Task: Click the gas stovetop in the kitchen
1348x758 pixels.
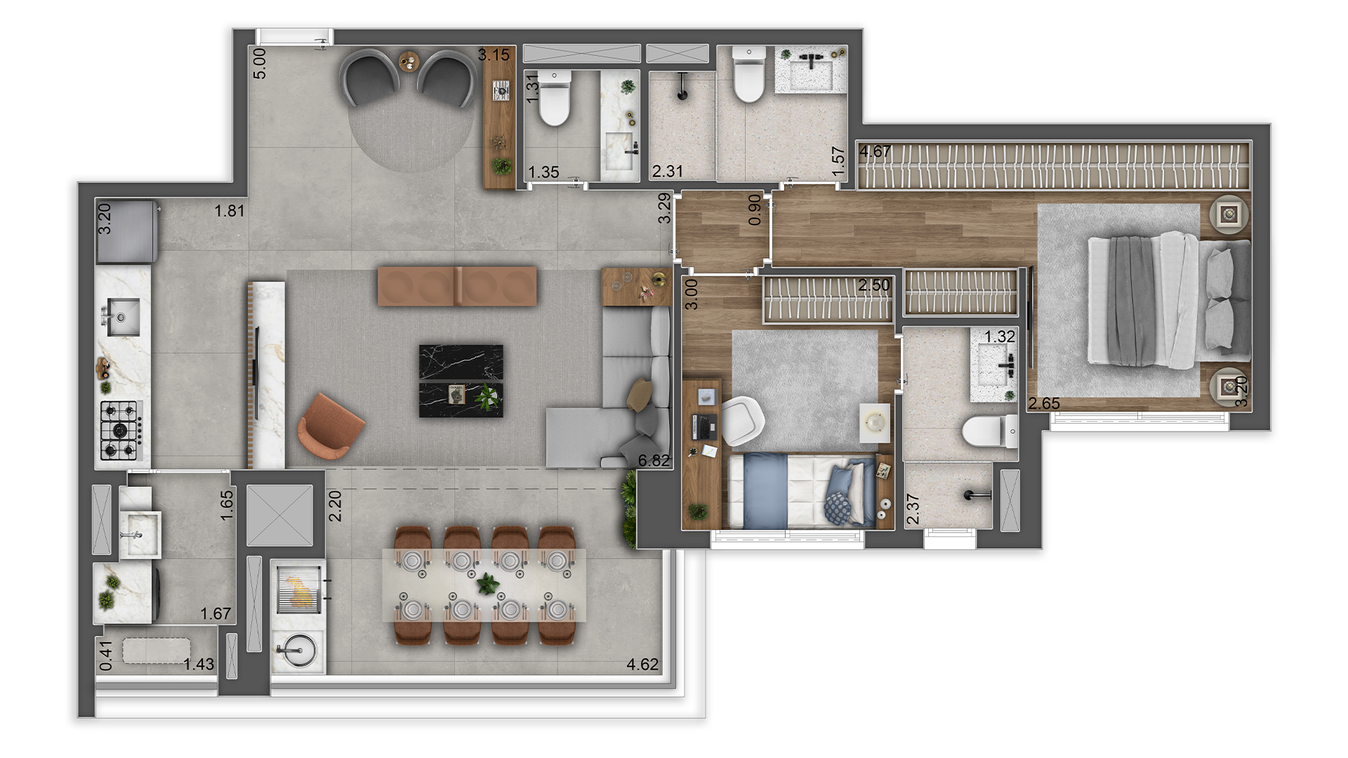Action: [121, 430]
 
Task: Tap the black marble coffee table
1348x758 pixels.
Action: [461, 380]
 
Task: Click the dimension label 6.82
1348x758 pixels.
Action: [653, 460]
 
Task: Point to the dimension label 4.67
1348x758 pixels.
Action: [875, 152]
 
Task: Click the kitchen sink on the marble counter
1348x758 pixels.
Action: [123, 317]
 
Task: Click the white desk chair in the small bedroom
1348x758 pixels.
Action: [742, 420]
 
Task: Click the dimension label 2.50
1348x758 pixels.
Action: [873, 285]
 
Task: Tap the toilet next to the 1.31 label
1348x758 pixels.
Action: [555, 98]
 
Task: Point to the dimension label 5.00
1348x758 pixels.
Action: [259, 63]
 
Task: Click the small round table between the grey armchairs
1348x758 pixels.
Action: [409, 62]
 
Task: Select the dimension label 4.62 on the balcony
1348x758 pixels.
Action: [642, 664]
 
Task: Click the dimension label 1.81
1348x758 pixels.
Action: [230, 211]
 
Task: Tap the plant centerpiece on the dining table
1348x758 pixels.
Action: [487, 583]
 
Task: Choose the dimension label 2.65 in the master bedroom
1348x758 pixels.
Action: [1044, 403]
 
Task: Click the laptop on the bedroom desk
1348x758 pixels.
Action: [704, 424]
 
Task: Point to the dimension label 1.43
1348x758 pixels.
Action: [199, 664]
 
